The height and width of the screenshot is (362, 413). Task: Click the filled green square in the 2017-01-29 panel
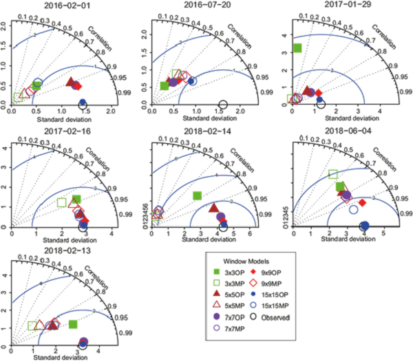click(298, 47)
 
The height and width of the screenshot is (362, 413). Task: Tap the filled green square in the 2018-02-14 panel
click(198, 195)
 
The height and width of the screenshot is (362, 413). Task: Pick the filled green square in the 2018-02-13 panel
click(74, 324)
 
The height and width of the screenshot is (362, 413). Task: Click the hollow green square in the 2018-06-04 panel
click(333, 174)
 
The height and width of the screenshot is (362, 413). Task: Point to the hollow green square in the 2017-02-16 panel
click(61, 202)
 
